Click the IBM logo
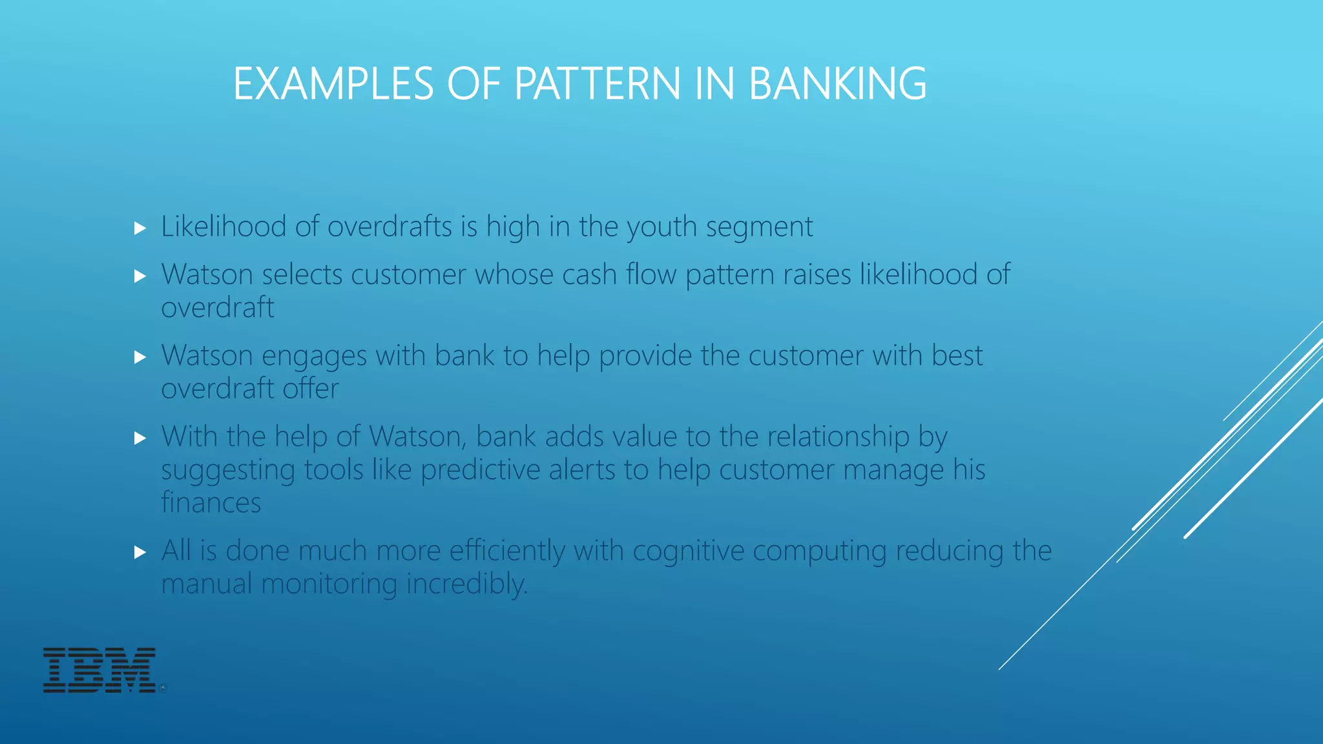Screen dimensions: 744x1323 click(99, 670)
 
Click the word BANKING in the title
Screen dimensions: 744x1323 click(837, 84)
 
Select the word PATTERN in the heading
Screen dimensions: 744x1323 click(597, 84)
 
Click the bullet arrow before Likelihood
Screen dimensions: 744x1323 click(140, 228)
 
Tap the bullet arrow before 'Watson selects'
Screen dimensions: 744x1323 click(140, 276)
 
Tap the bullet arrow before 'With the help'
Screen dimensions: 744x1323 click(140, 439)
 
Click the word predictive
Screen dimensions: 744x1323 click(480, 470)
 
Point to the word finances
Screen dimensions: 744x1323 click(211, 502)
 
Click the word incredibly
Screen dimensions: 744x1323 click(467, 584)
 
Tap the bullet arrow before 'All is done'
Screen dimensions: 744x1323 click(140, 552)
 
